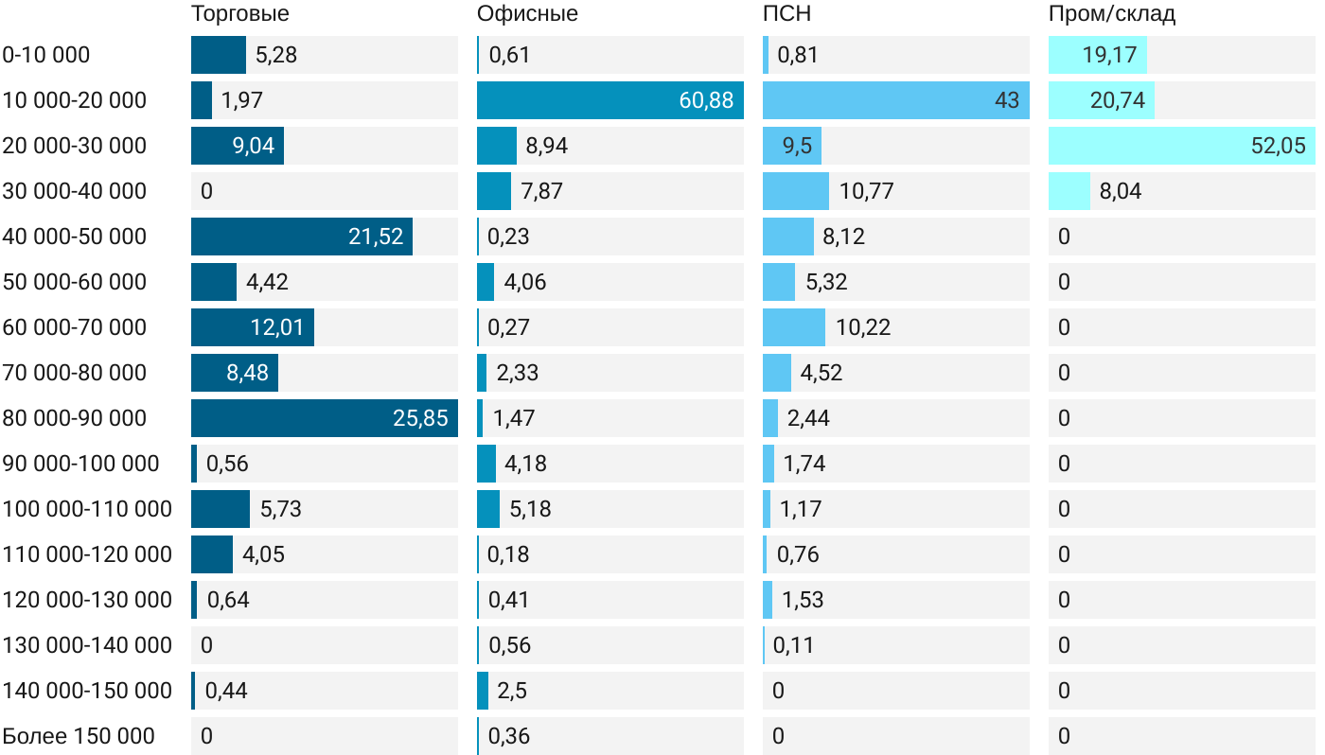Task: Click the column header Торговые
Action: tap(239, 14)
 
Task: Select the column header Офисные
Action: tap(527, 14)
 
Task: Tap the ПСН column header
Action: tap(786, 14)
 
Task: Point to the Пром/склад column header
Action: tap(1111, 14)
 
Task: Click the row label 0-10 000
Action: tap(46, 55)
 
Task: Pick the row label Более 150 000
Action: tap(79, 736)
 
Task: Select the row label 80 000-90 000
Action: tap(75, 418)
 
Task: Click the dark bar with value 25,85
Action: tap(324, 418)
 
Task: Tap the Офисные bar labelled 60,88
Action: tap(609, 100)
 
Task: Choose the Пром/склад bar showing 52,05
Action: tap(1181, 146)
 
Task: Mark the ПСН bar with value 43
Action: tap(895, 100)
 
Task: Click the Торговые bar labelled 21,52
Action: tap(301, 237)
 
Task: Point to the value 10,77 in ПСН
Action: tap(866, 191)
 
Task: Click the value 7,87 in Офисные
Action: tap(541, 191)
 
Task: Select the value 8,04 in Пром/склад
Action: tap(1121, 191)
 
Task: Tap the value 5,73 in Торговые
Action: tap(280, 509)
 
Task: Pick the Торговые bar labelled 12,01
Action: tap(252, 327)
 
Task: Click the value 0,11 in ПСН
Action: tap(793, 645)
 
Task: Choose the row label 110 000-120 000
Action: tap(87, 554)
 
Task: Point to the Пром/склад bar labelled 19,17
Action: tap(1097, 55)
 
